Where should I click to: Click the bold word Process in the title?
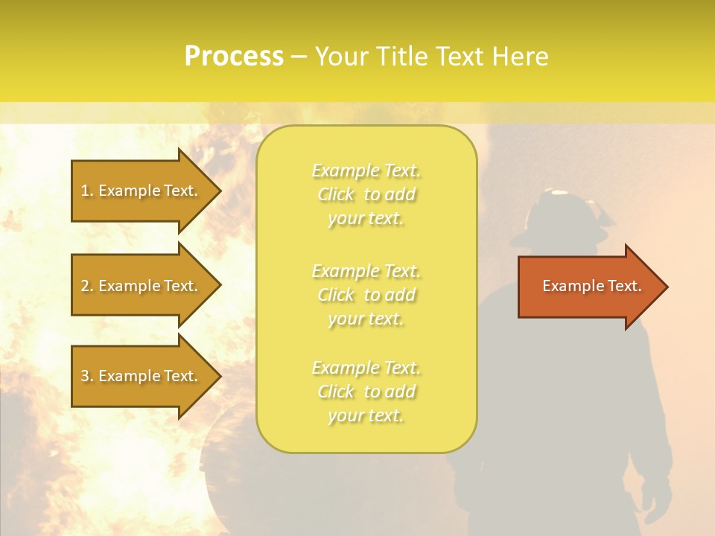pyautogui.click(x=234, y=57)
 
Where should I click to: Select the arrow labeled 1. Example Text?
pyautogui.click(x=142, y=191)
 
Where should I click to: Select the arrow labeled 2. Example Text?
pyautogui.click(x=142, y=286)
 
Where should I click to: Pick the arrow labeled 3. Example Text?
pyautogui.click(x=142, y=376)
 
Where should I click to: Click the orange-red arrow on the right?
pyautogui.click(x=588, y=287)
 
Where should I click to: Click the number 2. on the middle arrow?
pyautogui.click(x=87, y=286)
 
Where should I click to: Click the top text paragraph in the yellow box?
pyautogui.click(x=366, y=194)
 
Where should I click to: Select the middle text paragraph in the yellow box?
pyautogui.click(x=366, y=295)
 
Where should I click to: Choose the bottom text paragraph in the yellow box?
pyautogui.click(x=366, y=392)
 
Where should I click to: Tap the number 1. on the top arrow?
pyautogui.click(x=87, y=191)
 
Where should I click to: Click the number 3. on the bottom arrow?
pyautogui.click(x=87, y=376)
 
